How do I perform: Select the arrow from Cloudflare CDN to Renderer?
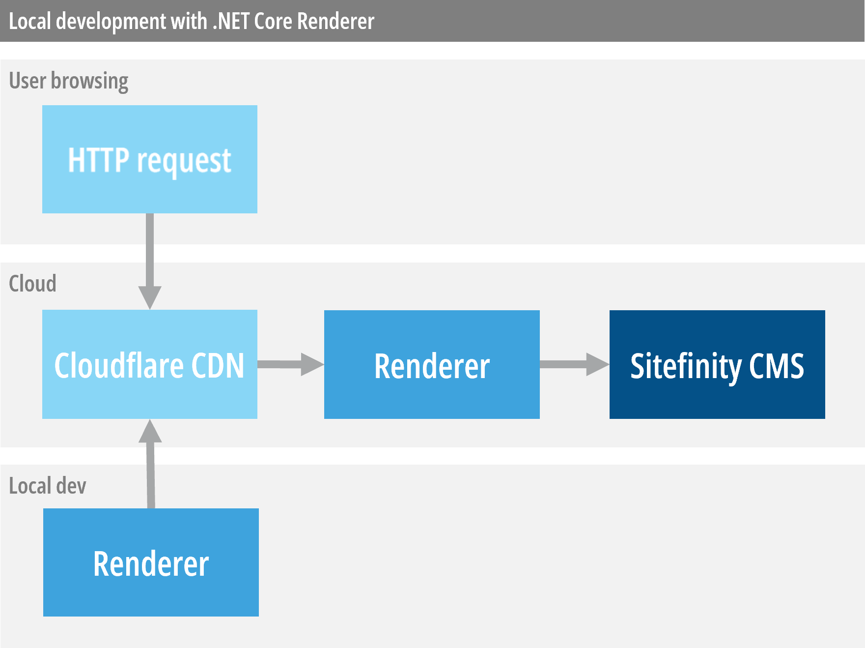290,364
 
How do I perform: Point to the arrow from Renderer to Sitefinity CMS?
574,364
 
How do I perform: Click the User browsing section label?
69,81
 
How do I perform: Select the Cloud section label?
32,284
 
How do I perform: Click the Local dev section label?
48,486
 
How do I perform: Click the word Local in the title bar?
29,21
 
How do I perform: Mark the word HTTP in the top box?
98,160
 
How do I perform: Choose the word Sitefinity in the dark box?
686,367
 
